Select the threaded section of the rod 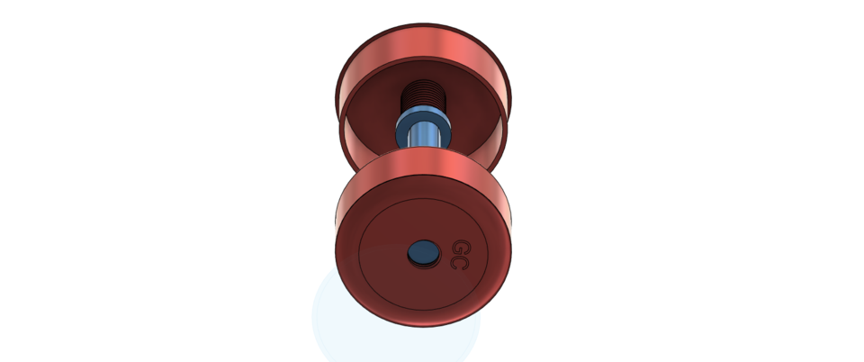[x=422, y=93]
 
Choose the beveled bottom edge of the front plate [x=423, y=323]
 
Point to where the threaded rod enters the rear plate [x=422, y=82]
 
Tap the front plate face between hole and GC [x=442, y=254]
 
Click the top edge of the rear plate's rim [x=422, y=26]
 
